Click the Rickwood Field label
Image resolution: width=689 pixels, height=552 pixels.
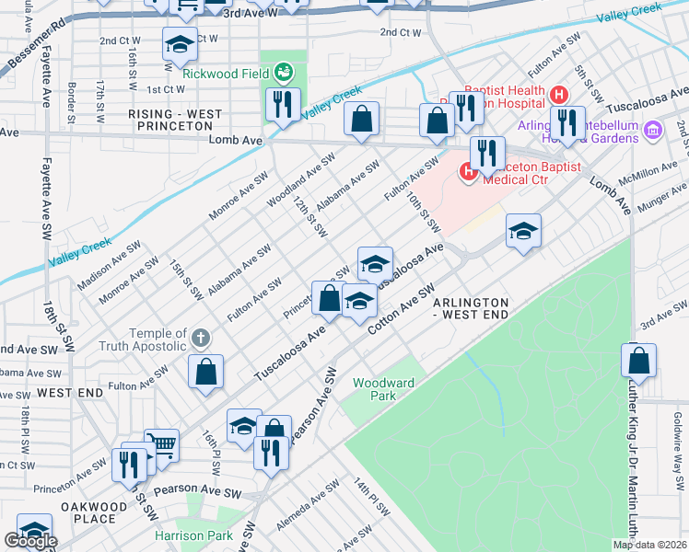(x=225, y=74)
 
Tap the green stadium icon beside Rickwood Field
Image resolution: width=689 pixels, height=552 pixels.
(x=284, y=71)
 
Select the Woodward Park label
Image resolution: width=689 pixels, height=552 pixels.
(x=382, y=389)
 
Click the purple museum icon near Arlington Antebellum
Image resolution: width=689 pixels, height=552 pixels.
(x=653, y=131)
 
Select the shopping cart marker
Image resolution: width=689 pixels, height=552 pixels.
(x=161, y=446)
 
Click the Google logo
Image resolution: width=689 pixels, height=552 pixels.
(x=30, y=541)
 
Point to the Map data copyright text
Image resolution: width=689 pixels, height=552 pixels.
(x=648, y=545)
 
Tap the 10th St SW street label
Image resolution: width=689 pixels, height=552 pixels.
(x=427, y=210)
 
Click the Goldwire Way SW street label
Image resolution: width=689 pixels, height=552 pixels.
(x=677, y=437)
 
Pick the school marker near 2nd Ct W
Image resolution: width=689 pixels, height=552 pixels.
(x=180, y=44)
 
